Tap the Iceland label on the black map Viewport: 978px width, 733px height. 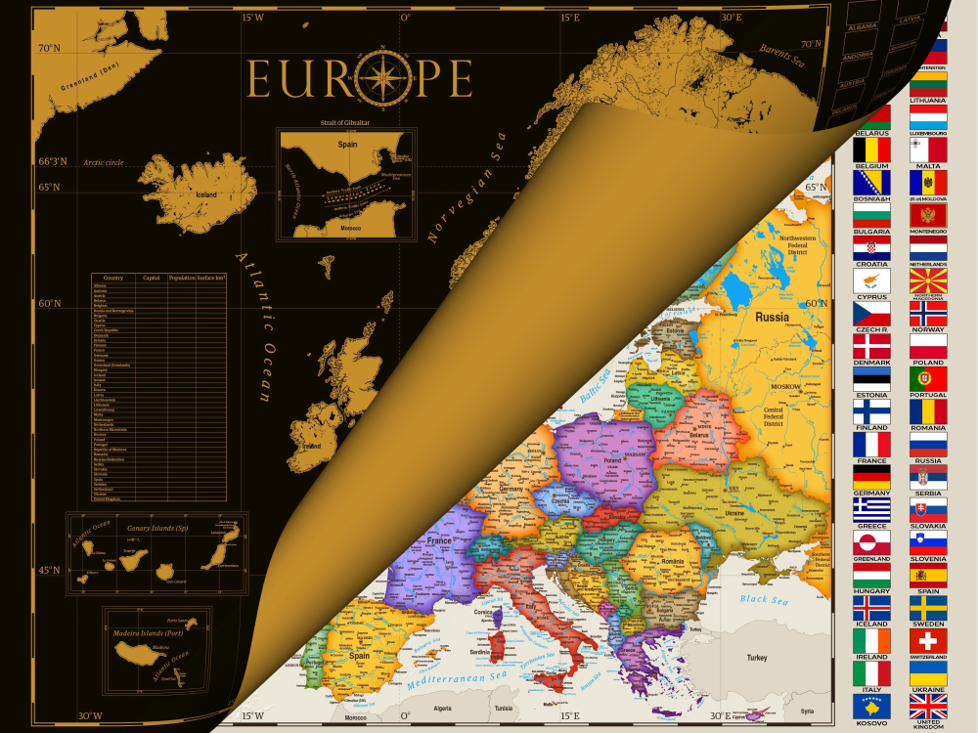point(206,194)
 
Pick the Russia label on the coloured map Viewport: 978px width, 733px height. point(773,317)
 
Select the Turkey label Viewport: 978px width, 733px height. point(757,658)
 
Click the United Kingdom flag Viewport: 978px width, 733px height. point(928,706)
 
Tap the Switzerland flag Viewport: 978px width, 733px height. point(928,640)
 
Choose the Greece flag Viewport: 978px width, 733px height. point(871,509)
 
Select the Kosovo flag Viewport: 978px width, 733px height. point(871,706)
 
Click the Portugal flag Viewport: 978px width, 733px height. point(928,378)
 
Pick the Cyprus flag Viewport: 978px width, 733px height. point(871,280)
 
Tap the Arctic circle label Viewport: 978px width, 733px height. point(104,162)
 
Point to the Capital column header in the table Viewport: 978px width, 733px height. point(152,279)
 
